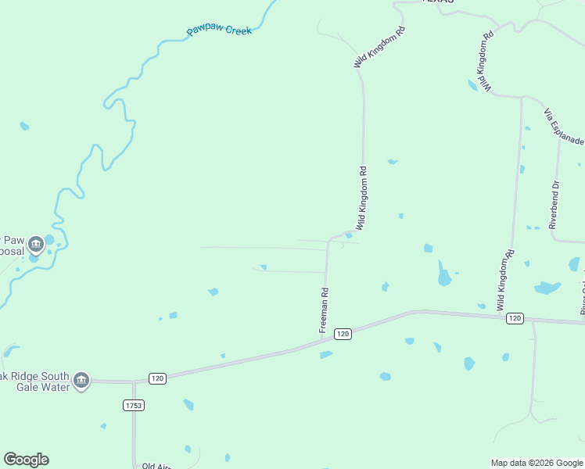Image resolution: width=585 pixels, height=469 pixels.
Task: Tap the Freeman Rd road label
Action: click(324, 311)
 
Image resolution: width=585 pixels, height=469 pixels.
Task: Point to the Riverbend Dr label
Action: click(554, 204)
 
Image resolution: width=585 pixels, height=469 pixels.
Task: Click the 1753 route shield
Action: click(134, 405)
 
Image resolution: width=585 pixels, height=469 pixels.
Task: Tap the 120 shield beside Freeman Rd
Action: click(343, 334)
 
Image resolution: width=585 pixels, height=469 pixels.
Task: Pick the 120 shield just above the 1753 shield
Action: click(157, 378)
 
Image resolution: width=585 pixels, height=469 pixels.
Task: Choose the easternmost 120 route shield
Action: click(514, 318)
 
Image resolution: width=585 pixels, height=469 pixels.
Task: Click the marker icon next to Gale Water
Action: click(81, 381)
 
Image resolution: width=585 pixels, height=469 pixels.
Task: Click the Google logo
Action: click(27, 459)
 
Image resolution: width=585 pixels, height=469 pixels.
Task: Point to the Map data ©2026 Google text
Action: click(537, 463)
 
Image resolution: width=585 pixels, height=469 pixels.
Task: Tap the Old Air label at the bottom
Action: click(156, 466)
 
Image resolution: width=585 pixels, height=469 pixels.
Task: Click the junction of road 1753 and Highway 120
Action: click(134, 382)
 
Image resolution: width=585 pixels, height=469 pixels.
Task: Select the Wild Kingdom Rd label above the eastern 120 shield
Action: click(506, 280)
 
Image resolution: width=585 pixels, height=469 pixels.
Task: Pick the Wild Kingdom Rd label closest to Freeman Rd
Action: click(363, 197)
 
